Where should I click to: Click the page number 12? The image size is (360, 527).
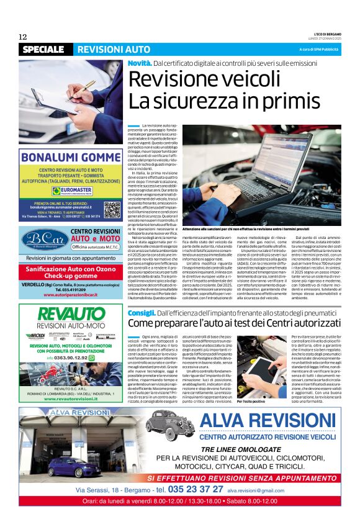[x=23, y=37]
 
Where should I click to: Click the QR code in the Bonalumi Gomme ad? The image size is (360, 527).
[x=112, y=209]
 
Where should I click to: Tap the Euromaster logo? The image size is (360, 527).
[x=71, y=191]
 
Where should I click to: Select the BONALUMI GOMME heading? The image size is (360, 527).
[x=70, y=157]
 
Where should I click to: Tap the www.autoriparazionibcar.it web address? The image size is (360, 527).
[x=70, y=295]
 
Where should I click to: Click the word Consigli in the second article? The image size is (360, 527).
[x=142, y=313]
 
